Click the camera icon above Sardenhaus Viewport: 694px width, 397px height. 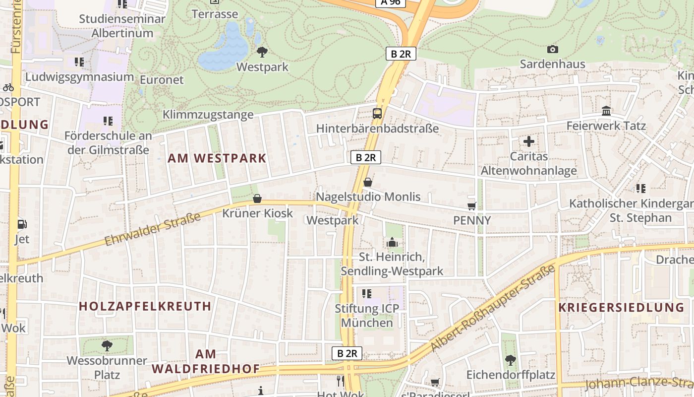click(552, 49)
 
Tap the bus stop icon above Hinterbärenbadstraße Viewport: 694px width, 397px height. click(377, 113)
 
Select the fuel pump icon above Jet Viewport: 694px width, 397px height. click(22, 224)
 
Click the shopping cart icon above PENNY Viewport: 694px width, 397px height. click(471, 205)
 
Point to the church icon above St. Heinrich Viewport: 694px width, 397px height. click(392, 242)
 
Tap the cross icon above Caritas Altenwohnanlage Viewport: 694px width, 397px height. click(529, 141)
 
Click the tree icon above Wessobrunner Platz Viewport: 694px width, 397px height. click(107, 345)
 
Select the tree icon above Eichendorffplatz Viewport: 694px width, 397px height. click(511, 360)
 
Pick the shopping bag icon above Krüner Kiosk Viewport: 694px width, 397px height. click(257, 198)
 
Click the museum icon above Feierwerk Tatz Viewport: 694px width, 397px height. click(606, 111)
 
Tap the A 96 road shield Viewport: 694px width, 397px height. click(391, 2)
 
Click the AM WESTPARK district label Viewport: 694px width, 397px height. click(217, 158)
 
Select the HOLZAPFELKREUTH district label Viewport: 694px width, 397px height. click(145, 306)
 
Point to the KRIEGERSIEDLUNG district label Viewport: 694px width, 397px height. click(621, 307)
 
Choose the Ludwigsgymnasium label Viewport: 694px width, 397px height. click(79, 77)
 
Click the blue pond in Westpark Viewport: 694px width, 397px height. click(226, 50)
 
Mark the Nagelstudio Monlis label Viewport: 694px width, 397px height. click(368, 197)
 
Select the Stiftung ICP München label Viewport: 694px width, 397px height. click(367, 315)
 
